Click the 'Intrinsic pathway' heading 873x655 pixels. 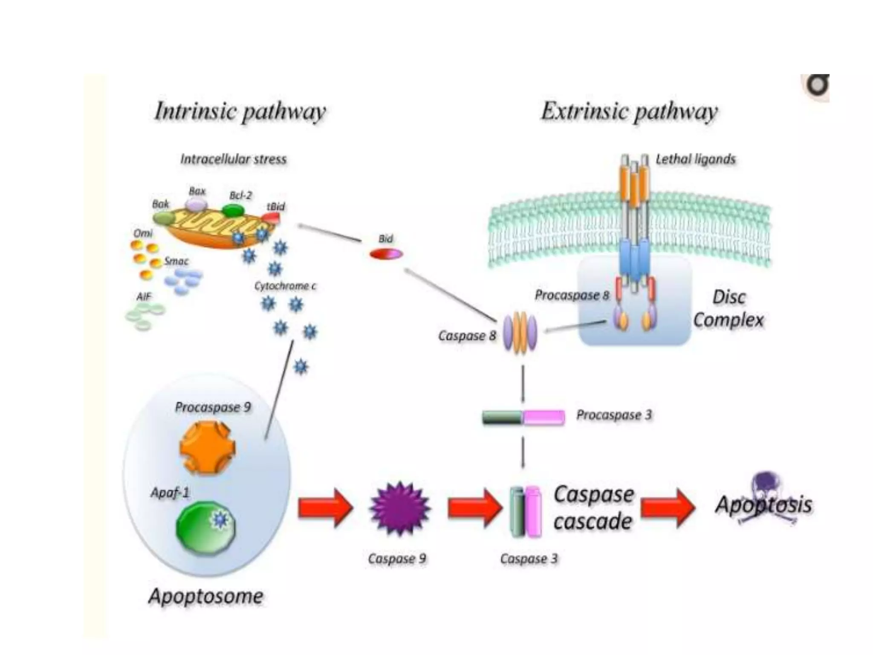(240, 111)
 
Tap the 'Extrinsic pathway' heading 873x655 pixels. (629, 111)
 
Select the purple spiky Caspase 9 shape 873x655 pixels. (399, 508)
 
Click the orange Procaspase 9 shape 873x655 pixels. (208, 447)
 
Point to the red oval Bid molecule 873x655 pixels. (386, 255)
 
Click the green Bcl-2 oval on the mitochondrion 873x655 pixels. (233, 210)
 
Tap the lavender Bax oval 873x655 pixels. (197, 205)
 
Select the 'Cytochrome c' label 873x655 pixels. (285, 286)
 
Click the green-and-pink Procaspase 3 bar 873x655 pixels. (523, 417)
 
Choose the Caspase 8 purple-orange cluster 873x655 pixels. (520, 333)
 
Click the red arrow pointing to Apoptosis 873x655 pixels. (668, 508)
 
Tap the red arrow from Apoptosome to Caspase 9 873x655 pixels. (325, 508)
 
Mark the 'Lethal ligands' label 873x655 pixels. (695, 159)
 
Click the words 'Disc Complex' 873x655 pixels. (728, 308)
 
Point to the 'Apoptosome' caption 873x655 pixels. (206, 596)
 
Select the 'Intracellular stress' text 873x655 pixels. (233, 159)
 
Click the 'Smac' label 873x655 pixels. (176, 261)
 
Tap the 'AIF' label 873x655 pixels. (144, 296)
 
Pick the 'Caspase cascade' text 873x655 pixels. (593, 508)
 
